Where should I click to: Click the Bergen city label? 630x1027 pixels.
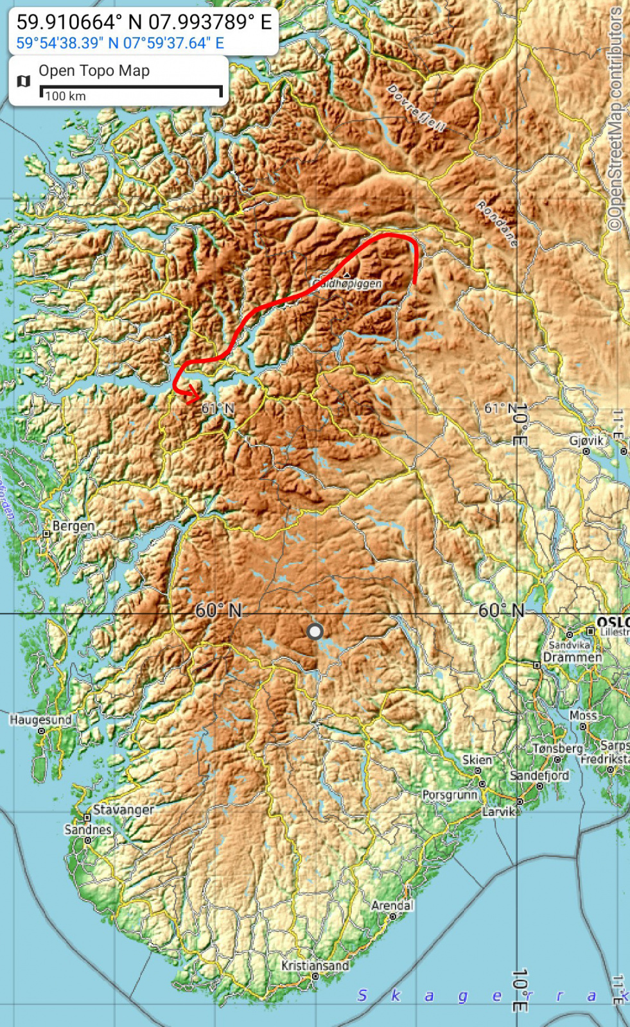click(73, 526)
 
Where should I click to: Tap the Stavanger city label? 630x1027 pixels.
click(123, 809)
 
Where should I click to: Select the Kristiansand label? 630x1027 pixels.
click(315, 965)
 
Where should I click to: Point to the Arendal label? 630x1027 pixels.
click(392, 906)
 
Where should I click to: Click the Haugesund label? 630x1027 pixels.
click(40, 720)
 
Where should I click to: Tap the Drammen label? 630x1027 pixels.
click(572, 657)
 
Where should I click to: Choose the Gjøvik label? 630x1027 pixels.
click(586, 441)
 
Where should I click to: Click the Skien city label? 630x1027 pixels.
click(477, 760)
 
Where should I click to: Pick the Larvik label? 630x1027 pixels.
click(499, 811)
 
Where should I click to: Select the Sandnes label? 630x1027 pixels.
click(88, 829)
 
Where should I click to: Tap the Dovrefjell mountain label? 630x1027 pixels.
click(416, 108)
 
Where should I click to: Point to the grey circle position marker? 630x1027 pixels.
click(315, 632)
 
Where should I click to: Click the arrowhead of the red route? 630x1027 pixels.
click(195, 398)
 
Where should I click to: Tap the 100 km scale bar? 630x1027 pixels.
click(131, 92)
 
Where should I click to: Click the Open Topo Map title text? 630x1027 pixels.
click(94, 71)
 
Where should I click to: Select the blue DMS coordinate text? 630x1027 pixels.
click(120, 43)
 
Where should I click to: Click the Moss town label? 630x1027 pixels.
click(583, 715)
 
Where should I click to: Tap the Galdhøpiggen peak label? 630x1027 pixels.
click(347, 283)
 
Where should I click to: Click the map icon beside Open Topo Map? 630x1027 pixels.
click(24, 81)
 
